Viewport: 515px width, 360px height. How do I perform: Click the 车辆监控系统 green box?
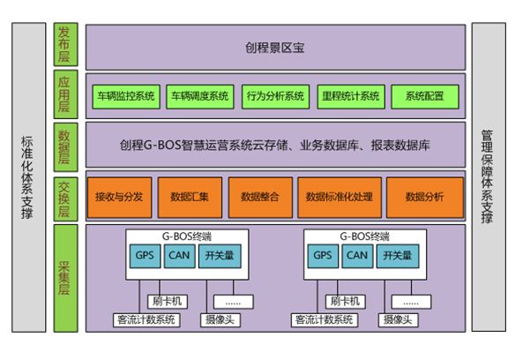point(126,97)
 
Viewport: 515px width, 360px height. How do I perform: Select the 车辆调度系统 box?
point(200,97)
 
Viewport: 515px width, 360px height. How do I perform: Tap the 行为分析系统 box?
point(275,97)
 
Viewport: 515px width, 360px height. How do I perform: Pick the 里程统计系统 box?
point(351,97)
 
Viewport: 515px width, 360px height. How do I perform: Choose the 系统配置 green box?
point(425,97)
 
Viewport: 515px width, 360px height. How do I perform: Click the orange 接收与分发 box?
point(120,198)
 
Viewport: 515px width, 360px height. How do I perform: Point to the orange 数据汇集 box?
point(190,198)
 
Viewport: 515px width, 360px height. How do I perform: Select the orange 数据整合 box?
point(260,198)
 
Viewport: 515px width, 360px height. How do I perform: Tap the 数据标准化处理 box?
point(340,198)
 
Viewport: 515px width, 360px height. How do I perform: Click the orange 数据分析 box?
point(425,198)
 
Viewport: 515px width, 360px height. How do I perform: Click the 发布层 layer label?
point(65,44)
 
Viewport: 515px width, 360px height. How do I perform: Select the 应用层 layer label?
point(65,94)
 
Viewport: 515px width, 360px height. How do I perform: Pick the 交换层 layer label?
point(65,199)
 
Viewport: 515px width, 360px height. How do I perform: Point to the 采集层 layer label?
point(65,278)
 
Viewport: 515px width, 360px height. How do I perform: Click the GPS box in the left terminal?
point(145,256)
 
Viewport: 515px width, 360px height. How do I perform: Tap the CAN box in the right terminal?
point(357,256)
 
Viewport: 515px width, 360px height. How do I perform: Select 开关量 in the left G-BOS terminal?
point(220,256)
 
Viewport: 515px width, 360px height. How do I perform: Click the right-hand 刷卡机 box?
point(346,302)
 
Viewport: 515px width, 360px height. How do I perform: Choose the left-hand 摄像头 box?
point(220,320)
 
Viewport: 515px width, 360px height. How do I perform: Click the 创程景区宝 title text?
point(275,48)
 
